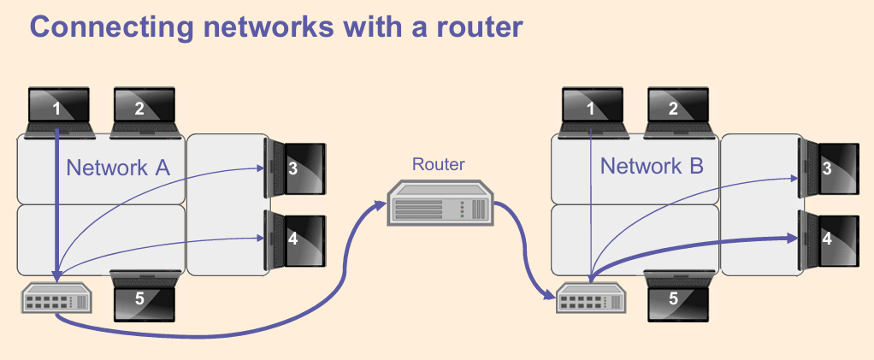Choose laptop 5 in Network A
[x=144, y=296]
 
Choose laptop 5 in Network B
[x=677, y=296]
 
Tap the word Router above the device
[x=438, y=164]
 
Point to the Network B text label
[x=652, y=166]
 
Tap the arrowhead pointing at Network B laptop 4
[x=792, y=239]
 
